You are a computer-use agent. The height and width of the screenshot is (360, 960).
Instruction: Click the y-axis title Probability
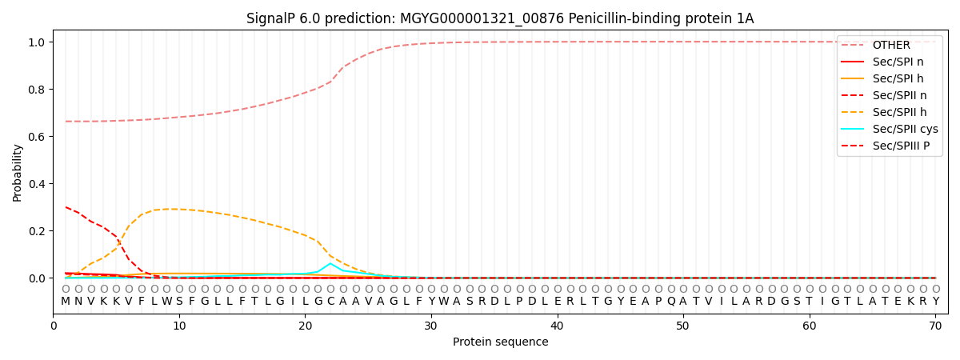(18, 172)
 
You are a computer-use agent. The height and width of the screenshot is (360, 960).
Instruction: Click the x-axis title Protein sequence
(500, 342)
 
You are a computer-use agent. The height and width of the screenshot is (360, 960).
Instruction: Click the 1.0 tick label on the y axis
(38, 42)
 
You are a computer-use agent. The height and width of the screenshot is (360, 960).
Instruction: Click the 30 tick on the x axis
(431, 326)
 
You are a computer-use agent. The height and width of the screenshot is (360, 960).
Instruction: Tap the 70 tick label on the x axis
(935, 326)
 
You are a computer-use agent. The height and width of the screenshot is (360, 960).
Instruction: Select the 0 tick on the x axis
(54, 326)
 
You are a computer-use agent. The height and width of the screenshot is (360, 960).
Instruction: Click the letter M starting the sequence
(66, 302)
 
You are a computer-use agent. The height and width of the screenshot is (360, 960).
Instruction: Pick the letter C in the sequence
(330, 302)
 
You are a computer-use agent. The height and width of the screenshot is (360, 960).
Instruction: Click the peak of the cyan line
(330, 263)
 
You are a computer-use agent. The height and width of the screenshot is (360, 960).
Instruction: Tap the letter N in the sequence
(78, 302)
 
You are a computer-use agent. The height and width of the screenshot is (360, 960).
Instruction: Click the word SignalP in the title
(273, 18)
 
